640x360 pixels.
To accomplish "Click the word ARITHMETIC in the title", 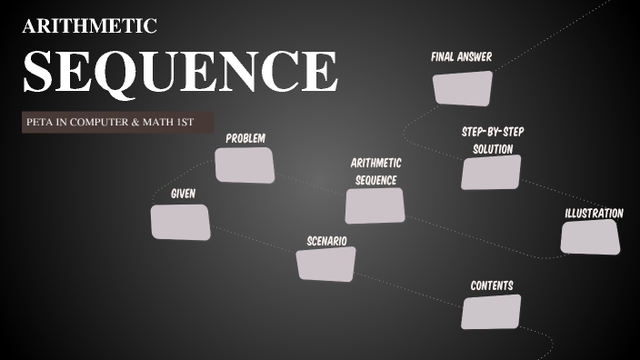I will click(89, 25).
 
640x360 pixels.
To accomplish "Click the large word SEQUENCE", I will click(180, 70).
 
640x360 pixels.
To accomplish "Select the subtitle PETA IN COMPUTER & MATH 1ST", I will click(109, 122).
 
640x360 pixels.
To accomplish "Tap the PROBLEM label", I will click(245, 138).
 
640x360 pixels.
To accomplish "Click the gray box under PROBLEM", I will click(245, 165).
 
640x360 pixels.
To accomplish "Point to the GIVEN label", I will click(183, 194).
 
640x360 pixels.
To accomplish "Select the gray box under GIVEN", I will click(180, 222).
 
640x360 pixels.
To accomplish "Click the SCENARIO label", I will click(326, 241).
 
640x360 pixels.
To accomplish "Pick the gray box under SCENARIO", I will click(325, 264).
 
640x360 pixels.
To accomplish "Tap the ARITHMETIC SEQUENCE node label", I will click(375, 171).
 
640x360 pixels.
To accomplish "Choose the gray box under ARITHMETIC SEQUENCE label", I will click(375, 205).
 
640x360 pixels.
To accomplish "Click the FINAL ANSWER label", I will click(461, 57).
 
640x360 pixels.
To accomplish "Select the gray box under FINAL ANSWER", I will click(462, 88).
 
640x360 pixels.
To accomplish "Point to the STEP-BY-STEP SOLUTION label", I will click(492, 139).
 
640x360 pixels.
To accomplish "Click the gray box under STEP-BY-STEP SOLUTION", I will click(491, 172).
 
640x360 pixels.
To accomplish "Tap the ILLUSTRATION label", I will click(594, 213).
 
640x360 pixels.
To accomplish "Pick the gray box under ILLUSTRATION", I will click(590, 236).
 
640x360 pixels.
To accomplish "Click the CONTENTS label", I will click(492, 285).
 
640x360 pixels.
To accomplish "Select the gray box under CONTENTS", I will click(491, 312).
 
